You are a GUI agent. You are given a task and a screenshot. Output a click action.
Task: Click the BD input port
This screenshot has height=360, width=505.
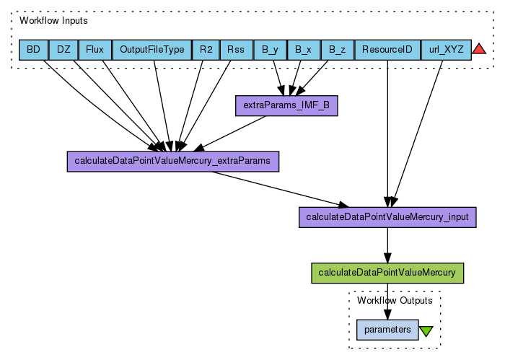pyautogui.click(x=33, y=50)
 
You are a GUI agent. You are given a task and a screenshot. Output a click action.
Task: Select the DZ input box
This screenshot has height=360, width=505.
pyautogui.click(x=63, y=50)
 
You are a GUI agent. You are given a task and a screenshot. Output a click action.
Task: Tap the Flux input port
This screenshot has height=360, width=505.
pyautogui.click(x=95, y=50)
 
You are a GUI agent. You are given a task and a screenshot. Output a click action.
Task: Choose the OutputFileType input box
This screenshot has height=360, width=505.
pyautogui.click(x=152, y=50)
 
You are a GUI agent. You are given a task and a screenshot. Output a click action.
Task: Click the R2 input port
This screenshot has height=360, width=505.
pyautogui.click(x=206, y=50)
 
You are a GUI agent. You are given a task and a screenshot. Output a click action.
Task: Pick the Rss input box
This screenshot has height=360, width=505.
pyautogui.click(x=236, y=50)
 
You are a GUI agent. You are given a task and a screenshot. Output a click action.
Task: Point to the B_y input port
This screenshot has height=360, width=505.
pyautogui.click(x=270, y=50)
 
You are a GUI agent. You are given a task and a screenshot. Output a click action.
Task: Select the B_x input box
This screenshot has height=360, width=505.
pyautogui.click(x=304, y=50)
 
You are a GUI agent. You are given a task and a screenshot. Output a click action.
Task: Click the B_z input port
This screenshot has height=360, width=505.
pyautogui.click(x=337, y=50)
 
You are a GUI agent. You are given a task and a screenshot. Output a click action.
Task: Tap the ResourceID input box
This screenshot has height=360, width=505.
pyautogui.click(x=387, y=50)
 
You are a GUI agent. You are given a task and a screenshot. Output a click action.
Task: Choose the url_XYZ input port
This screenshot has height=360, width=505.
pyautogui.click(x=446, y=50)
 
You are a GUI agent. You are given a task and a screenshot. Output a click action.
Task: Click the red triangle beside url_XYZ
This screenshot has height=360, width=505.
pyautogui.click(x=479, y=50)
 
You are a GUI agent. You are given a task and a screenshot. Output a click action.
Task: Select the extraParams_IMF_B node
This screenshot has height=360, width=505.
pyautogui.click(x=286, y=106)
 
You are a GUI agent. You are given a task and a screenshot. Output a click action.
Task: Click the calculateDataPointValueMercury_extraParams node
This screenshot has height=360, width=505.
pyautogui.click(x=172, y=161)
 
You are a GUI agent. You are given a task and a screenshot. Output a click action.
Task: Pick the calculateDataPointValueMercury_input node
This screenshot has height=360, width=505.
pyautogui.click(x=387, y=216)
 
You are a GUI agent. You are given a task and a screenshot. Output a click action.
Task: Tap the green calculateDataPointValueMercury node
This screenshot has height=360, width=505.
pyautogui.click(x=387, y=273)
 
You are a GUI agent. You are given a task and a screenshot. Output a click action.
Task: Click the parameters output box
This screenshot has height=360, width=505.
pyautogui.click(x=387, y=330)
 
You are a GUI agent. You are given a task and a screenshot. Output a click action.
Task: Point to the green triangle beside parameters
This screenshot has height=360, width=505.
pyautogui.click(x=426, y=330)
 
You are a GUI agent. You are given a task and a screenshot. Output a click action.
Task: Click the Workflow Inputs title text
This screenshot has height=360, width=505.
pyautogui.click(x=53, y=20)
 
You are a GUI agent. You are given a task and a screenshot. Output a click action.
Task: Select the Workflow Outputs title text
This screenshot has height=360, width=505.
pyautogui.click(x=395, y=300)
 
